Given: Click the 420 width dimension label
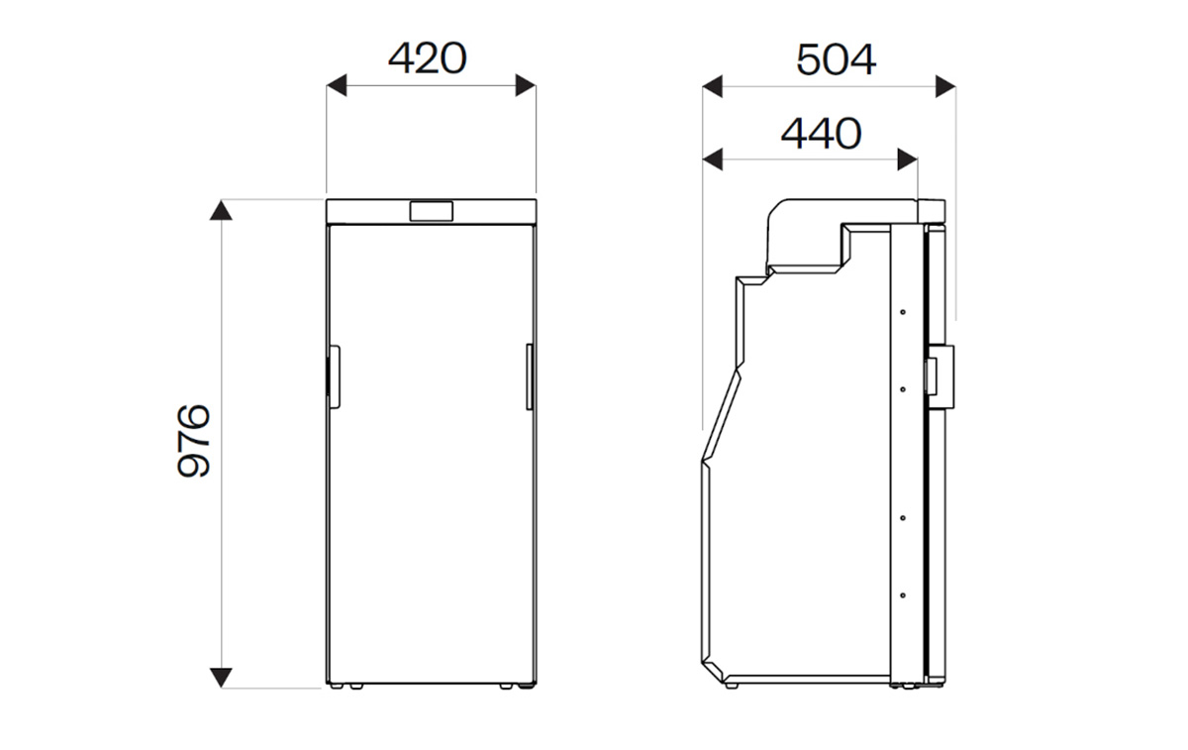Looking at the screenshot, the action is [428, 57].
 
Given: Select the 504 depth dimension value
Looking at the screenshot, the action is [836, 60].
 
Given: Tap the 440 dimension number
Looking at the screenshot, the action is [821, 133].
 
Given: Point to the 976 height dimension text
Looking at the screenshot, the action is [194, 441].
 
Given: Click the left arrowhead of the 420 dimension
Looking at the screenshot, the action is [337, 85].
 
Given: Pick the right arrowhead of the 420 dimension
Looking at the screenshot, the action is [526, 85].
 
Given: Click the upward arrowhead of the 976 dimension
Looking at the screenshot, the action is [221, 210].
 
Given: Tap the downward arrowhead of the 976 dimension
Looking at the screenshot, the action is [221, 678].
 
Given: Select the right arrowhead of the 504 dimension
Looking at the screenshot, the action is [945, 86].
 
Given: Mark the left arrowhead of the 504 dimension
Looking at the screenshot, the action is [712, 86].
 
